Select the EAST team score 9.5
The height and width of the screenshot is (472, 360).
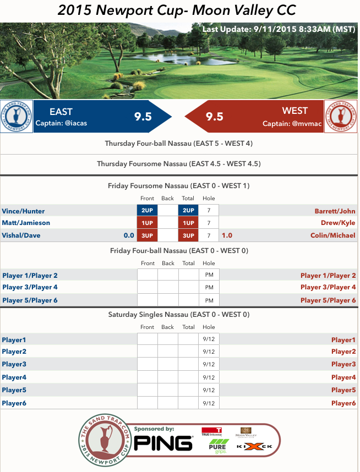(x=143, y=116)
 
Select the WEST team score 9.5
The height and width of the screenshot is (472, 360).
(x=214, y=116)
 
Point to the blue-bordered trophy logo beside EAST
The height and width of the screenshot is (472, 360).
(x=17, y=117)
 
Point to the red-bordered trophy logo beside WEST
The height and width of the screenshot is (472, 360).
(x=341, y=117)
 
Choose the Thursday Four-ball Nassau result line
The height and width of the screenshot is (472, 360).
(x=179, y=144)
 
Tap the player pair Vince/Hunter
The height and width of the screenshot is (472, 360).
(x=24, y=211)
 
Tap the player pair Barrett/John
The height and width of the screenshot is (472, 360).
(x=335, y=211)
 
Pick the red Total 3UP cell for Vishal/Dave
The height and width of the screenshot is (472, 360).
(x=188, y=235)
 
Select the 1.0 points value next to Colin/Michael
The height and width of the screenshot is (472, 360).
(x=227, y=235)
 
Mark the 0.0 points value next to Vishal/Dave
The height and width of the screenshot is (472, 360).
(x=129, y=235)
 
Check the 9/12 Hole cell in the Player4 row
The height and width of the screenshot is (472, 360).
(x=209, y=377)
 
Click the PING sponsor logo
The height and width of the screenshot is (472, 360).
(x=164, y=442)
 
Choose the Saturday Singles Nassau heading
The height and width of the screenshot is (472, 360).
(x=179, y=315)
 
